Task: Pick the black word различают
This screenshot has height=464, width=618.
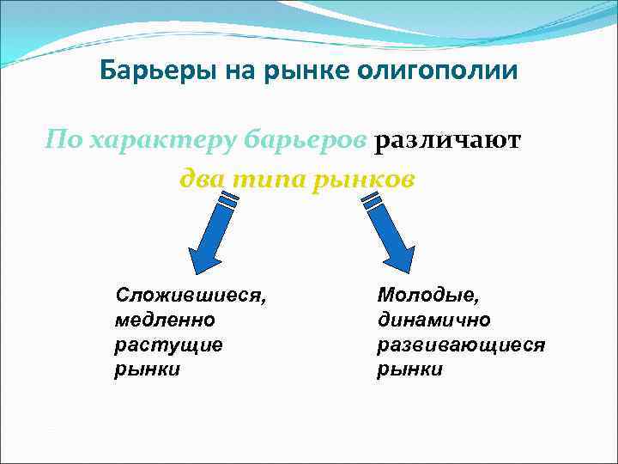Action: pos(447,140)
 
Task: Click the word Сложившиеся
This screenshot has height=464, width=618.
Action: pos(191,296)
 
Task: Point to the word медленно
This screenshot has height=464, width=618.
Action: pos(165,321)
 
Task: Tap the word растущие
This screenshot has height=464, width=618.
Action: pos(168,345)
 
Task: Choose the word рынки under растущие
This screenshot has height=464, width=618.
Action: pos(147,369)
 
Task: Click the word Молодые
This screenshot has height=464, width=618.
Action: pos(428,296)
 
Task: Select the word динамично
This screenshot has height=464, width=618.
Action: pos(433,321)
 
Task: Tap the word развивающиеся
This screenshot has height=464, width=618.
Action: pos(461,345)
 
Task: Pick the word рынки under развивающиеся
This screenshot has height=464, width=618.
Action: pos(409,369)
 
